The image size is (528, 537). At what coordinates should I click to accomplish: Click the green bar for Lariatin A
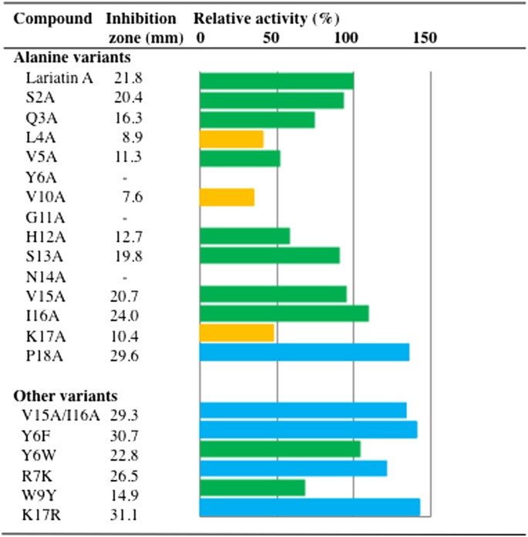276,80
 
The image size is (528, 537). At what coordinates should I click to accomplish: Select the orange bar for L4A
231,139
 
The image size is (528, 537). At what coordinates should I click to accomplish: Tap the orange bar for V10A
227,197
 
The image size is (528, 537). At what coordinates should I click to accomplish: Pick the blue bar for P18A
304,352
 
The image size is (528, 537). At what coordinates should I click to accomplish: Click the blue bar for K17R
309,507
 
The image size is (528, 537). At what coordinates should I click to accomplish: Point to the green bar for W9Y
252,488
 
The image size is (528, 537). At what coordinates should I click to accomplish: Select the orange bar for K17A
237,333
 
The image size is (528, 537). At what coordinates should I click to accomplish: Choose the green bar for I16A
284,314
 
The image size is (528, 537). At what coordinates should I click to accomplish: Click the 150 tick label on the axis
424,38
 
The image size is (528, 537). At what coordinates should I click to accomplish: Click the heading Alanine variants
72,57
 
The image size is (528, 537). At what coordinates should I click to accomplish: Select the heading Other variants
66,396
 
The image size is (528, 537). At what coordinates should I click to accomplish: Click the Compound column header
53,18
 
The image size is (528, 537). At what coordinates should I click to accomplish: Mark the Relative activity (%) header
266,18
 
